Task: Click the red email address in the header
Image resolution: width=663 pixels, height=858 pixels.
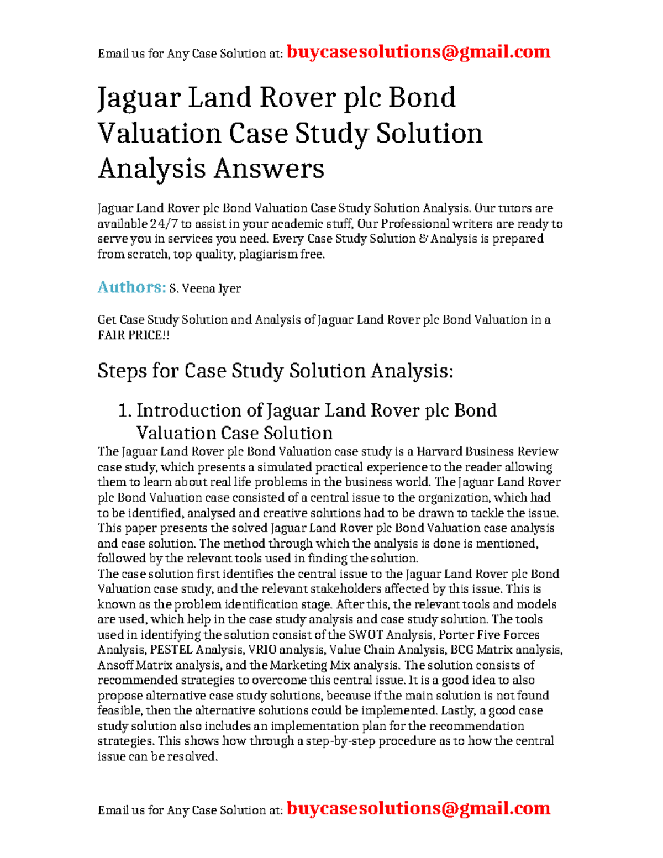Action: (418, 52)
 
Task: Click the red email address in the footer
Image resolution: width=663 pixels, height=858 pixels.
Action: (418, 808)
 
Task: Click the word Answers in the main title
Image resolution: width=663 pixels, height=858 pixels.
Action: (269, 169)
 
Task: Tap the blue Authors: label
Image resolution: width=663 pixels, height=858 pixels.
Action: (131, 287)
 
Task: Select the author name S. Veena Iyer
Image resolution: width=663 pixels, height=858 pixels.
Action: (205, 288)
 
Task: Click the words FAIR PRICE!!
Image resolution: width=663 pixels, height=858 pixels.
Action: (133, 335)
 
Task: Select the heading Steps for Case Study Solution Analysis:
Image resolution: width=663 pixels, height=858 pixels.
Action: (275, 371)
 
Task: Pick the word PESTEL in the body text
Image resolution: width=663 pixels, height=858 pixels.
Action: (171, 650)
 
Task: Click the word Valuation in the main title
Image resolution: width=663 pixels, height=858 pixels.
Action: (159, 134)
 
